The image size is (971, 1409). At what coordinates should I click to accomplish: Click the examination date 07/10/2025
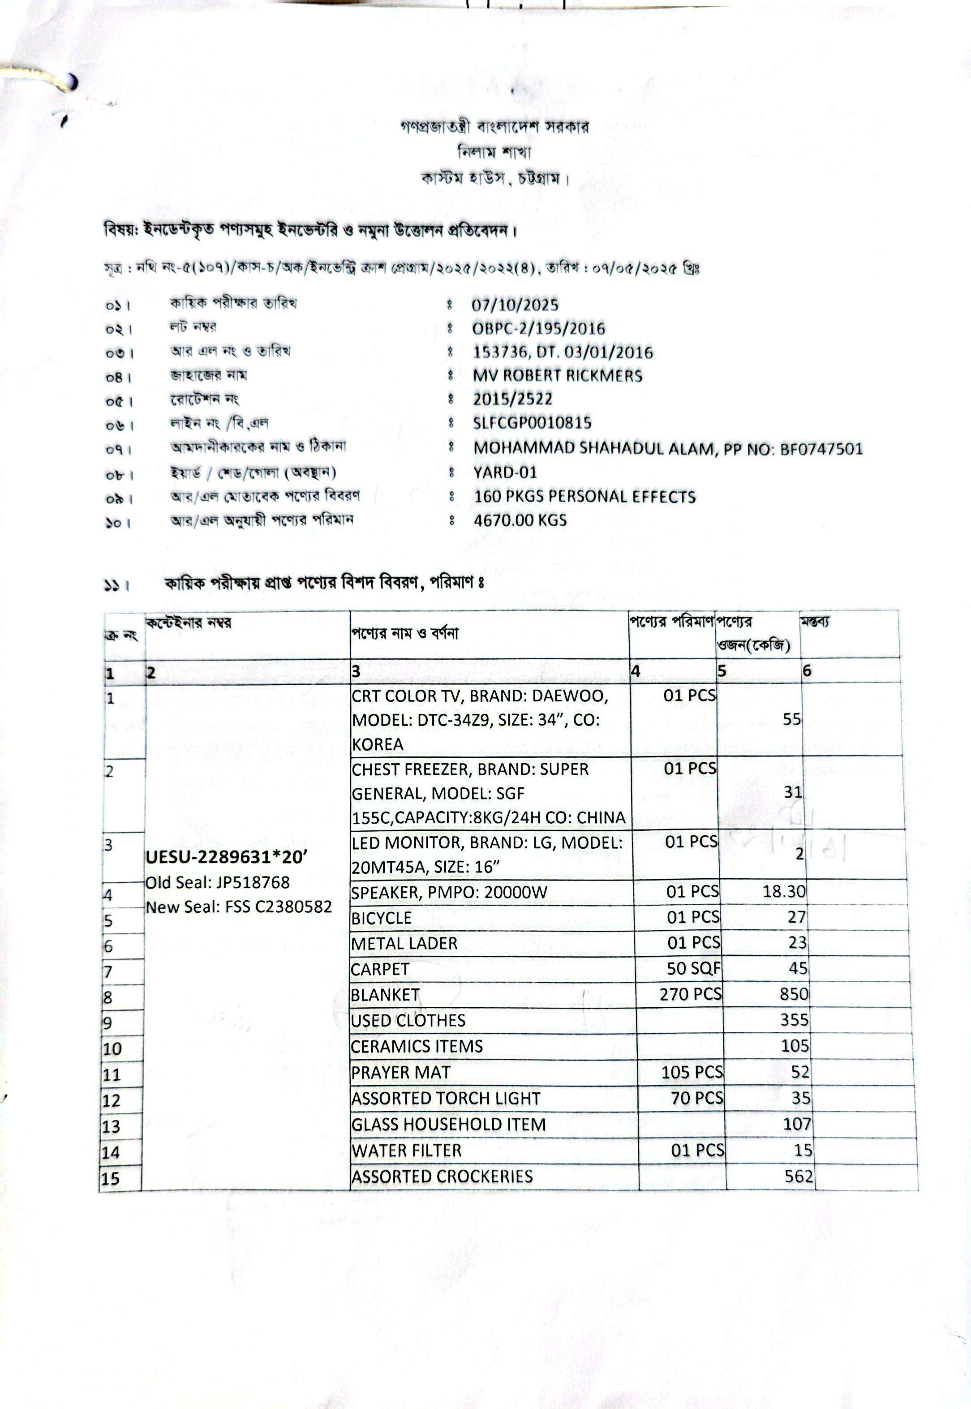[x=515, y=305]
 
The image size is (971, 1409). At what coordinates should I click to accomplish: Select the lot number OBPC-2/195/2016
[x=538, y=329]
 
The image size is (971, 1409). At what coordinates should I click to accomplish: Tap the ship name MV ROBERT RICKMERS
[x=557, y=375]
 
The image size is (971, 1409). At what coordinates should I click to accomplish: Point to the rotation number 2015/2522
[x=512, y=399]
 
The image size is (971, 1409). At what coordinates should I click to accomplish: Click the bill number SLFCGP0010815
[x=532, y=423]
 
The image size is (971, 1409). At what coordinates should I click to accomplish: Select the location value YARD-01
[x=505, y=472]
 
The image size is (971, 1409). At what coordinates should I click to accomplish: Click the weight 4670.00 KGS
[x=520, y=520]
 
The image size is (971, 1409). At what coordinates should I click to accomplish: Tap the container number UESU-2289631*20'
[x=226, y=857]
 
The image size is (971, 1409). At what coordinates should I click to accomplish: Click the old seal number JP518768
[x=253, y=882]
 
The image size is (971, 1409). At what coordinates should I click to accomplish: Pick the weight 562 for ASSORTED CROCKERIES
[x=798, y=1176]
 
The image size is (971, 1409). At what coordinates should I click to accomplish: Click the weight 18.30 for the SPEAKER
[x=784, y=891]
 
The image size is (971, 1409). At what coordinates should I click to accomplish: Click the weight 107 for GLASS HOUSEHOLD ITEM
[x=796, y=1124]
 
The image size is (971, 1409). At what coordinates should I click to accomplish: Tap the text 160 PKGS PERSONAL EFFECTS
[x=584, y=496]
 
